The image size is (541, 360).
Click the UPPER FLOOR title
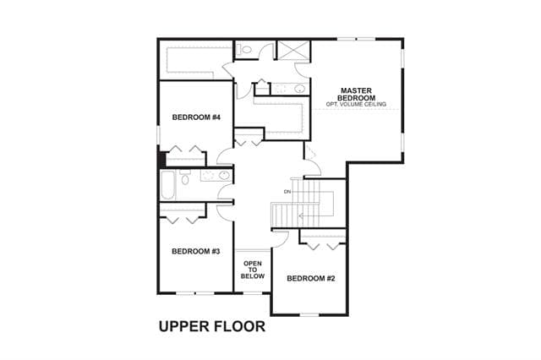click(212, 326)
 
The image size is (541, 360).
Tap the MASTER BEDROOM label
click(356, 94)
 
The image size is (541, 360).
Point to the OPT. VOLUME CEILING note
click(356, 104)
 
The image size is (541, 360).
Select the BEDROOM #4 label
click(196, 117)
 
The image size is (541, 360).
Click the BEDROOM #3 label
click(195, 251)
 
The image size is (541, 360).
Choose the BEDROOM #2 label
click(311, 278)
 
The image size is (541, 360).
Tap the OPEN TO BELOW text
click(253, 270)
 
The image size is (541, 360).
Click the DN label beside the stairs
click(287, 192)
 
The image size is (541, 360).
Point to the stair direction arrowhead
click(301, 216)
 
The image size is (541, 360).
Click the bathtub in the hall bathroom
click(168, 185)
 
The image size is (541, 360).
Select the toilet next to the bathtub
click(185, 177)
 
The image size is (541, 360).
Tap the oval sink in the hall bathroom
click(224, 176)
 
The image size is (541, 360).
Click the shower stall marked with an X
click(293, 51)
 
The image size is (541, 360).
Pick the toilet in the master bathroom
click(245, 49)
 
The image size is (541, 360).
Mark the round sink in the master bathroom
click(299, 89)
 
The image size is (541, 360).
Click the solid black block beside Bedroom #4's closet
click(162, 160)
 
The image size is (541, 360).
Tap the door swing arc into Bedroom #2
click(282, 238)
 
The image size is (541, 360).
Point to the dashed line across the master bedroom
click(356, 110)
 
